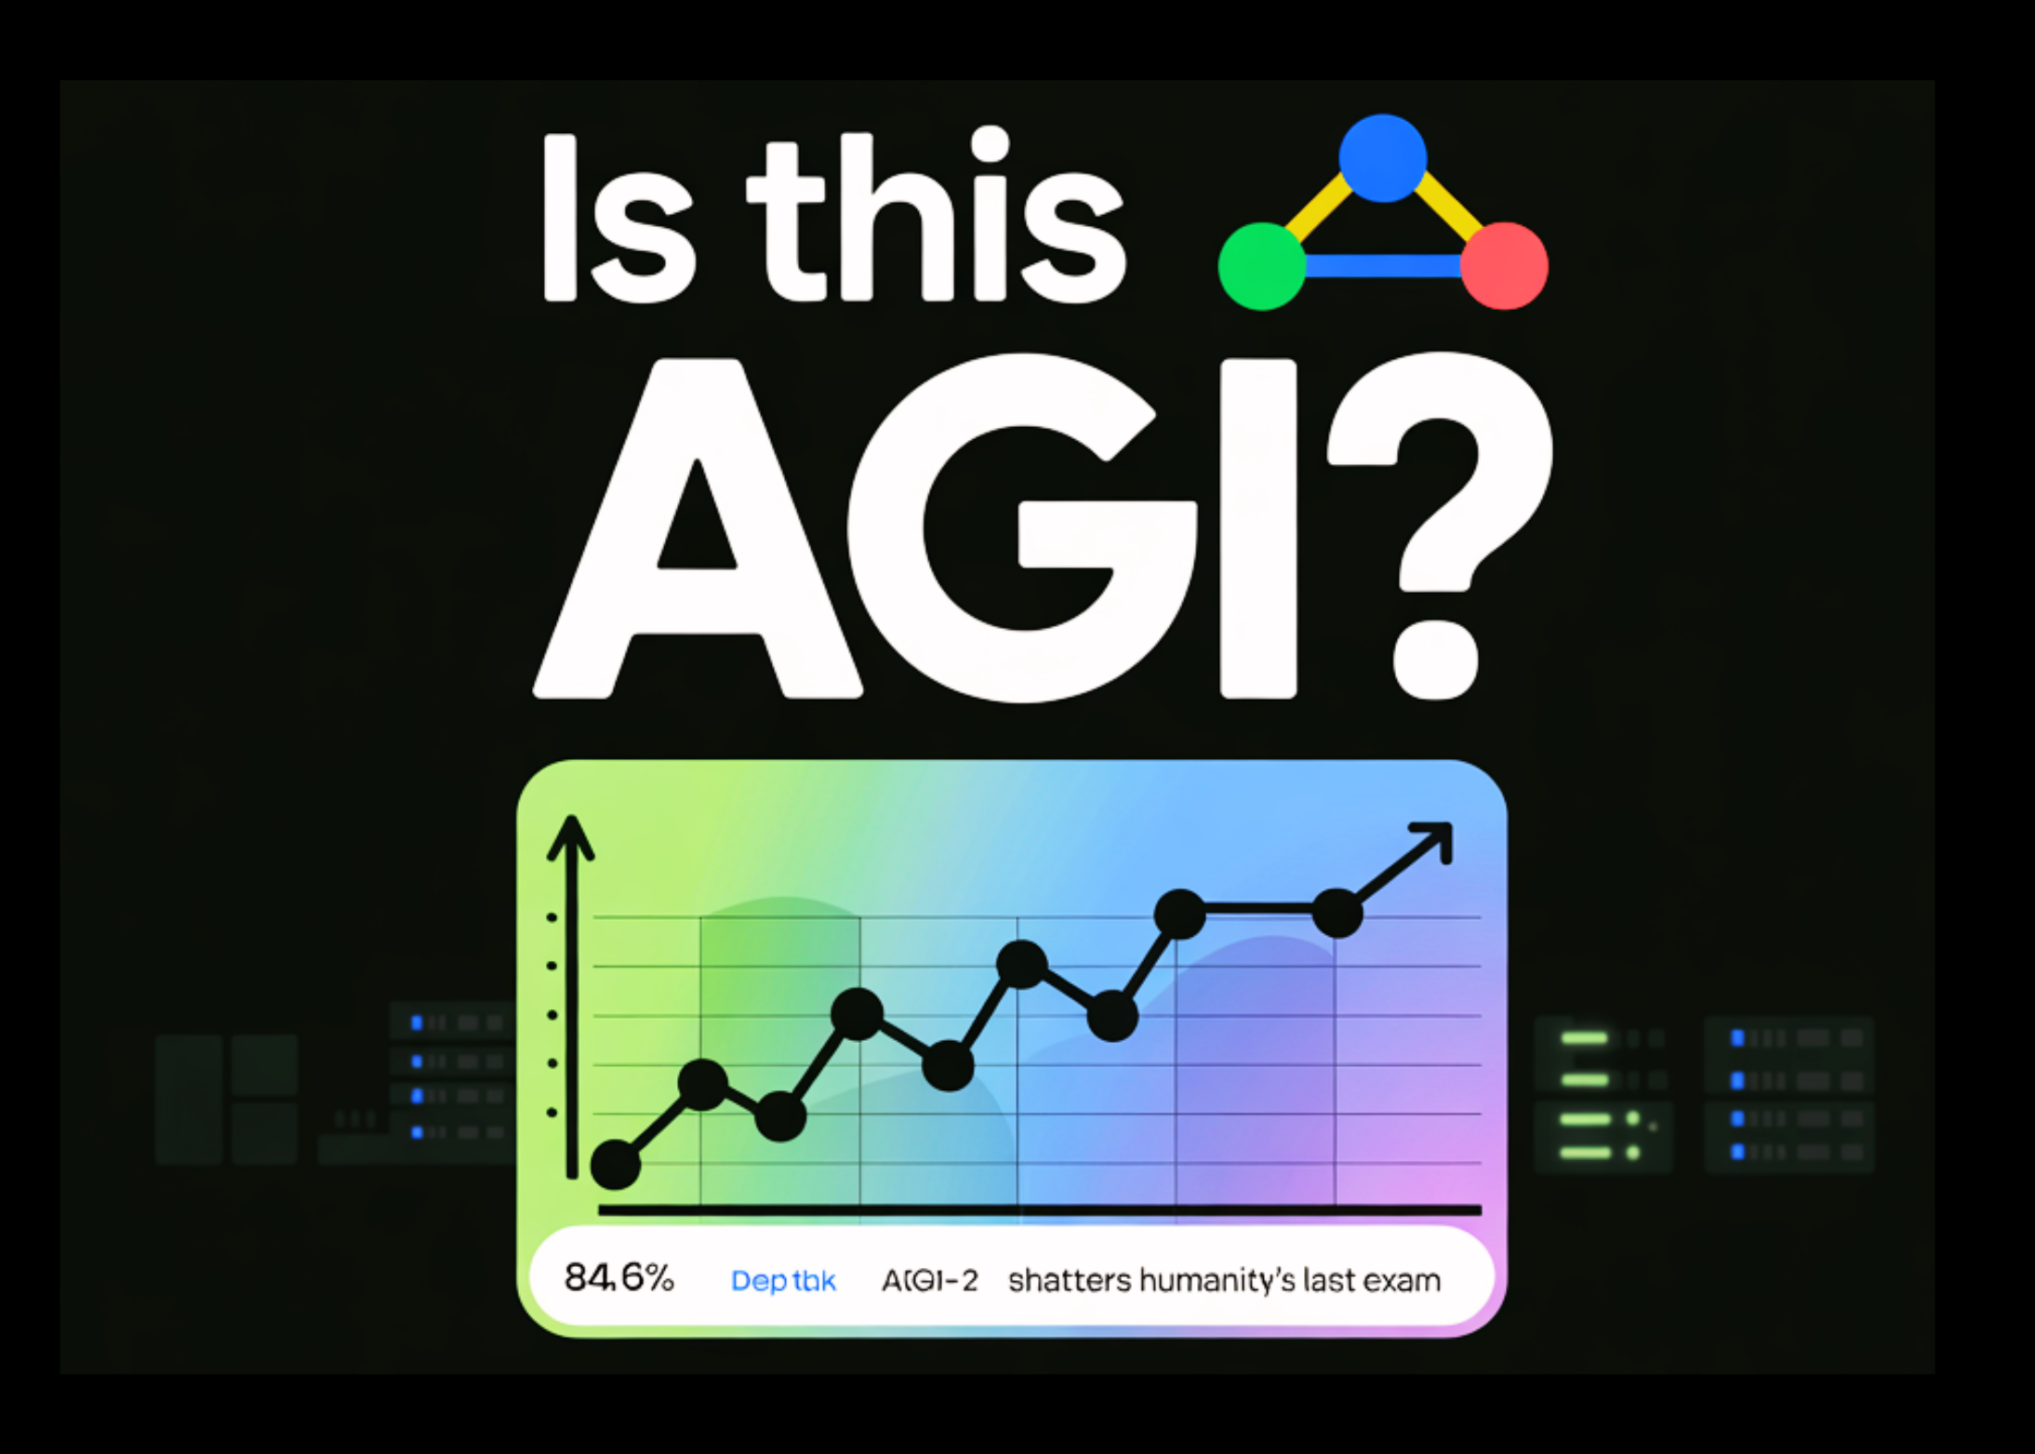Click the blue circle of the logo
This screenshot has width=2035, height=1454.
pos(1382,158)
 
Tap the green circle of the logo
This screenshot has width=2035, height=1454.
pos(1262,266)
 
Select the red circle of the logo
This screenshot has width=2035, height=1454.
pos(1504,266)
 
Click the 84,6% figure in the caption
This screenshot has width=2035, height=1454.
pos(618,1278)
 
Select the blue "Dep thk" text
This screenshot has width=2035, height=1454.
pos(783,1281)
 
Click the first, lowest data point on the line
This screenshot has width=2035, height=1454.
pos(615,1164)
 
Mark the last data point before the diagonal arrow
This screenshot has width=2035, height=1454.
pos(1337,913)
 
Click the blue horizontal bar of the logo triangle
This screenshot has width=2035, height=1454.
pos(1383,267)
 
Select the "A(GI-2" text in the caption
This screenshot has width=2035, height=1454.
pos(930,1281)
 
